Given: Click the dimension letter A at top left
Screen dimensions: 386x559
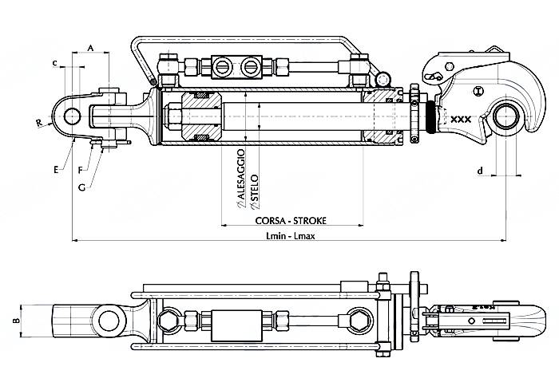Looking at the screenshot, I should [x=90, y=49].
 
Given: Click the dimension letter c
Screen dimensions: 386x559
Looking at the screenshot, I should [x=54, y=61].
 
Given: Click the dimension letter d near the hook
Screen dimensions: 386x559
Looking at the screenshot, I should [x=479, y=170].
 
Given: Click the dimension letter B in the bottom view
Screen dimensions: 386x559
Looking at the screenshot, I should [x=14, y=321].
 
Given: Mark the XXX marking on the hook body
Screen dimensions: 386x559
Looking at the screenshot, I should [x=461, y=120].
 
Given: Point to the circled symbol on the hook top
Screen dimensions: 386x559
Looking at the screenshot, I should [x=478, y=90].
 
